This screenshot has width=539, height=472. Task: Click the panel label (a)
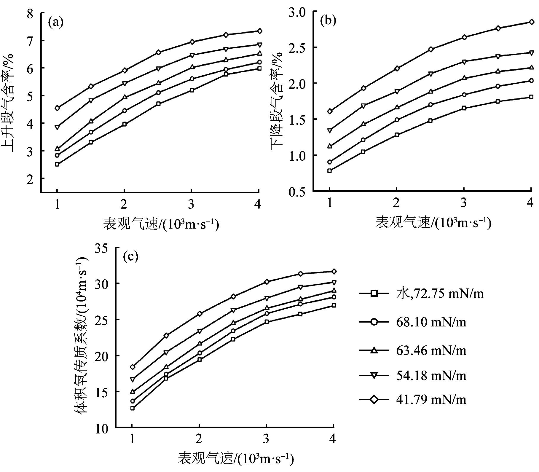tap(56, 22)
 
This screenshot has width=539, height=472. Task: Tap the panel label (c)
tap(131, 257)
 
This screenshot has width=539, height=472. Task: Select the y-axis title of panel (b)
tap(276, 101)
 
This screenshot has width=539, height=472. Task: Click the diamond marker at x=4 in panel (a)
tap(259, 31)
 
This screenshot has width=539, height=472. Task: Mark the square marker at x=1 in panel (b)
tap(329, 170)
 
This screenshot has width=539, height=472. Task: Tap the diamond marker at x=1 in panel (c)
tap(133, 367)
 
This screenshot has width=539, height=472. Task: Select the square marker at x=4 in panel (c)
tap(334, 305)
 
